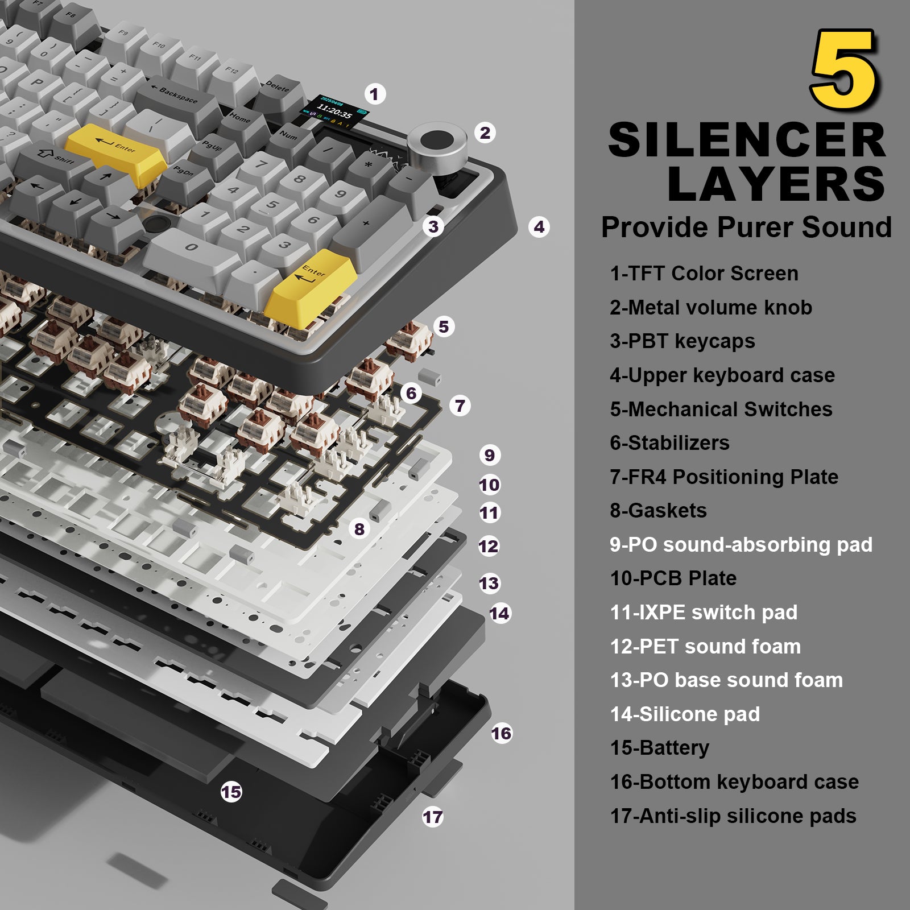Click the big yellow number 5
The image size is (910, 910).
[844, 69]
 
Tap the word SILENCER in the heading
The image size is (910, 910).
[747, 140]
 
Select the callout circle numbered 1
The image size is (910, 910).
[374, 94]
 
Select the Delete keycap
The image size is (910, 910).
[278, 90]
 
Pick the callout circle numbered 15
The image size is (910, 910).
[231, 792]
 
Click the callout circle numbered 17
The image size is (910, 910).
[432, 817]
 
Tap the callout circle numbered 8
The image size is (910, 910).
[359, 529]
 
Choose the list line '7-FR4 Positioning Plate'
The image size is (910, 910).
[723, 477]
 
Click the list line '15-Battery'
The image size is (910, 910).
[659, 747]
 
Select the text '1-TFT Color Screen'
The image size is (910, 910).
[704, 273]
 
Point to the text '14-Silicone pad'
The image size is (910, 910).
[684, 714]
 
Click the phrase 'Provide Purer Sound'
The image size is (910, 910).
[746, 227]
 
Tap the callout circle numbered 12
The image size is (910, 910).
[488, 546]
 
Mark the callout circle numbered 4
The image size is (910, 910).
[539, 227]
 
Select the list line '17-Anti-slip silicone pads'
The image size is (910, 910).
[733, 816]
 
